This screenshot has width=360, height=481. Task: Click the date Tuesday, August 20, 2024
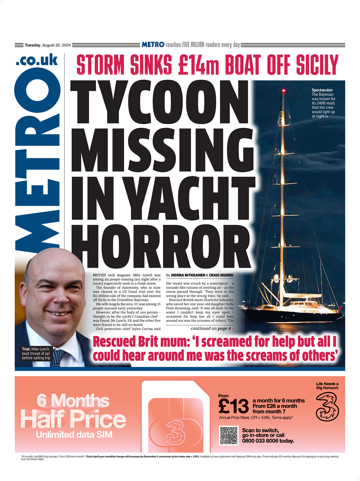point(48,45)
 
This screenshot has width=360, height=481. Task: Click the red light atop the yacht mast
point(283,91)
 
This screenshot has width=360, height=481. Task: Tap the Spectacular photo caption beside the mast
point(323,103)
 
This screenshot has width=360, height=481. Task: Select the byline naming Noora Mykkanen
point(200,275)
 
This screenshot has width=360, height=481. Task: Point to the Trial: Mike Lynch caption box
point(36,354)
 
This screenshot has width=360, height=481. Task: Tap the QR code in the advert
point(229,435)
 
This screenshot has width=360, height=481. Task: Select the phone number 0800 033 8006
point(268,441)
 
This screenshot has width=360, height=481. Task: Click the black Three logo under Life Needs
point(327,407)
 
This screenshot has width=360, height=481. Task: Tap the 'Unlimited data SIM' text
point(74,435)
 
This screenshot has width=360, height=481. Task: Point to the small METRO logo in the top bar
point(153,45)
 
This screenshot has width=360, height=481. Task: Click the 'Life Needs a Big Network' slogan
point(327,386)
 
